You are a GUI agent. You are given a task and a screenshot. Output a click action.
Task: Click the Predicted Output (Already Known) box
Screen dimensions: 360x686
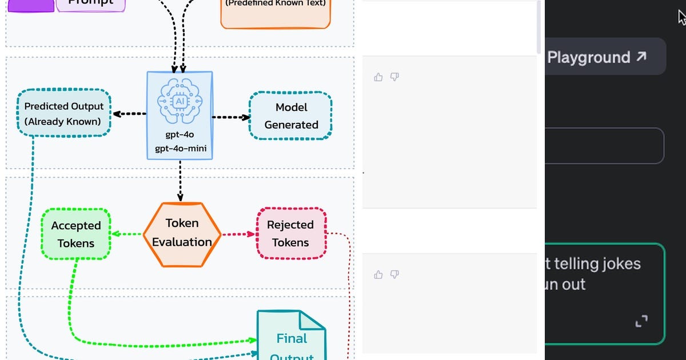click(x=64, y=113)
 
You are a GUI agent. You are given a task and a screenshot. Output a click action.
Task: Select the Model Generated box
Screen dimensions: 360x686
click(x=291, y=116)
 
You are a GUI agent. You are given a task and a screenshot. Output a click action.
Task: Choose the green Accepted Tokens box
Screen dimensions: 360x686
click(x=76, y=234)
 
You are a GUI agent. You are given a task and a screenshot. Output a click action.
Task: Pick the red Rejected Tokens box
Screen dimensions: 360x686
click(x=290, y=233)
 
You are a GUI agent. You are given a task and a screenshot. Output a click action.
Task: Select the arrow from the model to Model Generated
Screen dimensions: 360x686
click(x=232, y=117)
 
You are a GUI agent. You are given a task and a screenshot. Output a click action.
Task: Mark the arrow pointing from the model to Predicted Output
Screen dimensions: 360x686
click(x=129, y=114)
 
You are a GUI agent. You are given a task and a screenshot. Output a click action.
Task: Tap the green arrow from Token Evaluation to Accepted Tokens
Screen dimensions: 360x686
click(x=126, y=234)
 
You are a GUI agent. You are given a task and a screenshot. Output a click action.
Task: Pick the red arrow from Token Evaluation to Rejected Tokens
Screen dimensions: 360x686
click(x=238, y=234)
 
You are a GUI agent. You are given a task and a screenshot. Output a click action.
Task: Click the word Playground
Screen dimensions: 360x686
click(x=588, y=57)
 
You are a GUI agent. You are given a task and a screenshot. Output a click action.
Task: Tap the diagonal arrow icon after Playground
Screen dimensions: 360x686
click(x=641, y=57)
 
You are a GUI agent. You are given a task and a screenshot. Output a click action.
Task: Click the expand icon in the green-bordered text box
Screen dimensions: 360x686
click(x=641, y=321)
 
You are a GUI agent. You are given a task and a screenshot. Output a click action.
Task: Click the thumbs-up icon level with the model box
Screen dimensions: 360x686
click(x=378, y=77)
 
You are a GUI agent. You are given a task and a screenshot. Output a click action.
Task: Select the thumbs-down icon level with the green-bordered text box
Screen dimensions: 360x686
click(x=394, y=275)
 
